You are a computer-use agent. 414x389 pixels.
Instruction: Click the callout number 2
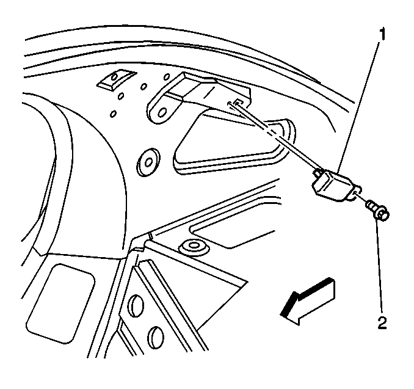coord(382,322)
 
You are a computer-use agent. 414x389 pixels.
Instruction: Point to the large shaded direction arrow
coord(308,301)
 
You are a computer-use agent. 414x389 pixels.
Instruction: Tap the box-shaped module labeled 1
coord(334,185)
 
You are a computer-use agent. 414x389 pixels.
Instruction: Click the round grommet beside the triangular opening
coord(148,162)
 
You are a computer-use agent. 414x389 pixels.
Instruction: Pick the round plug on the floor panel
coord(194,247)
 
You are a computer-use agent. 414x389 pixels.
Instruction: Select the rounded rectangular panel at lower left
coord(61,304)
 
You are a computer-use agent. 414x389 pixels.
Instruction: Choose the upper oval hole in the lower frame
coord(137,305)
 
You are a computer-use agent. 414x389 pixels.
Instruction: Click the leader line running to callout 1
coord(358,106)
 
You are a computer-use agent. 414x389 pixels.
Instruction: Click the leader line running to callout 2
coord(379,267)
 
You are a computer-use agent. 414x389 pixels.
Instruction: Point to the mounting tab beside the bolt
coord(356,192)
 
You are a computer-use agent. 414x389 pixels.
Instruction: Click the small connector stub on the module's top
coord(318,173)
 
